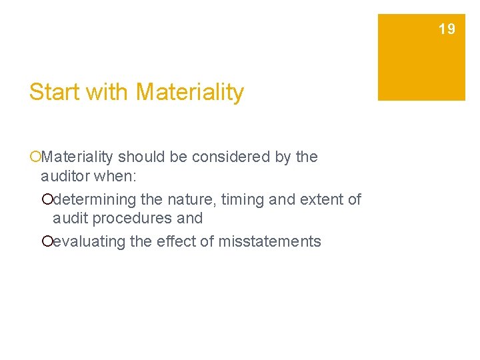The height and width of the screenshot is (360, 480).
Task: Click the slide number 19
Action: click(447, 29)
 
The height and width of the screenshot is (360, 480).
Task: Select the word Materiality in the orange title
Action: click(189, 92)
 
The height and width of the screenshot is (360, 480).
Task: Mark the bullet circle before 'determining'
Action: click(47, 200)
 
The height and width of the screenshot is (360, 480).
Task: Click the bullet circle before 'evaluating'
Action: click(47, 242)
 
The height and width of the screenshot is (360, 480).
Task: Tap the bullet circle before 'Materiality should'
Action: click(35, 158)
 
